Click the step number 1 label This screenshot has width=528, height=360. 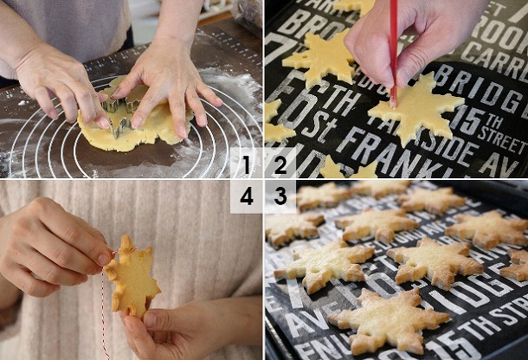tap(247, 164)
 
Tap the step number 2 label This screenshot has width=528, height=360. tap(280, 164)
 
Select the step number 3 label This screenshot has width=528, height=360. tap(280, 196)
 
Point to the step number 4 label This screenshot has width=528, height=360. tap(247, 196)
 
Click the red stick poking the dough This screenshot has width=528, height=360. tap(393, 52)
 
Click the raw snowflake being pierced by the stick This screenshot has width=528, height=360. tap(414, 112)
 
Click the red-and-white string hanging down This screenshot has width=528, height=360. tap(104, 320)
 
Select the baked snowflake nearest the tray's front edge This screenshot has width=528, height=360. tap(390, 320)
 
